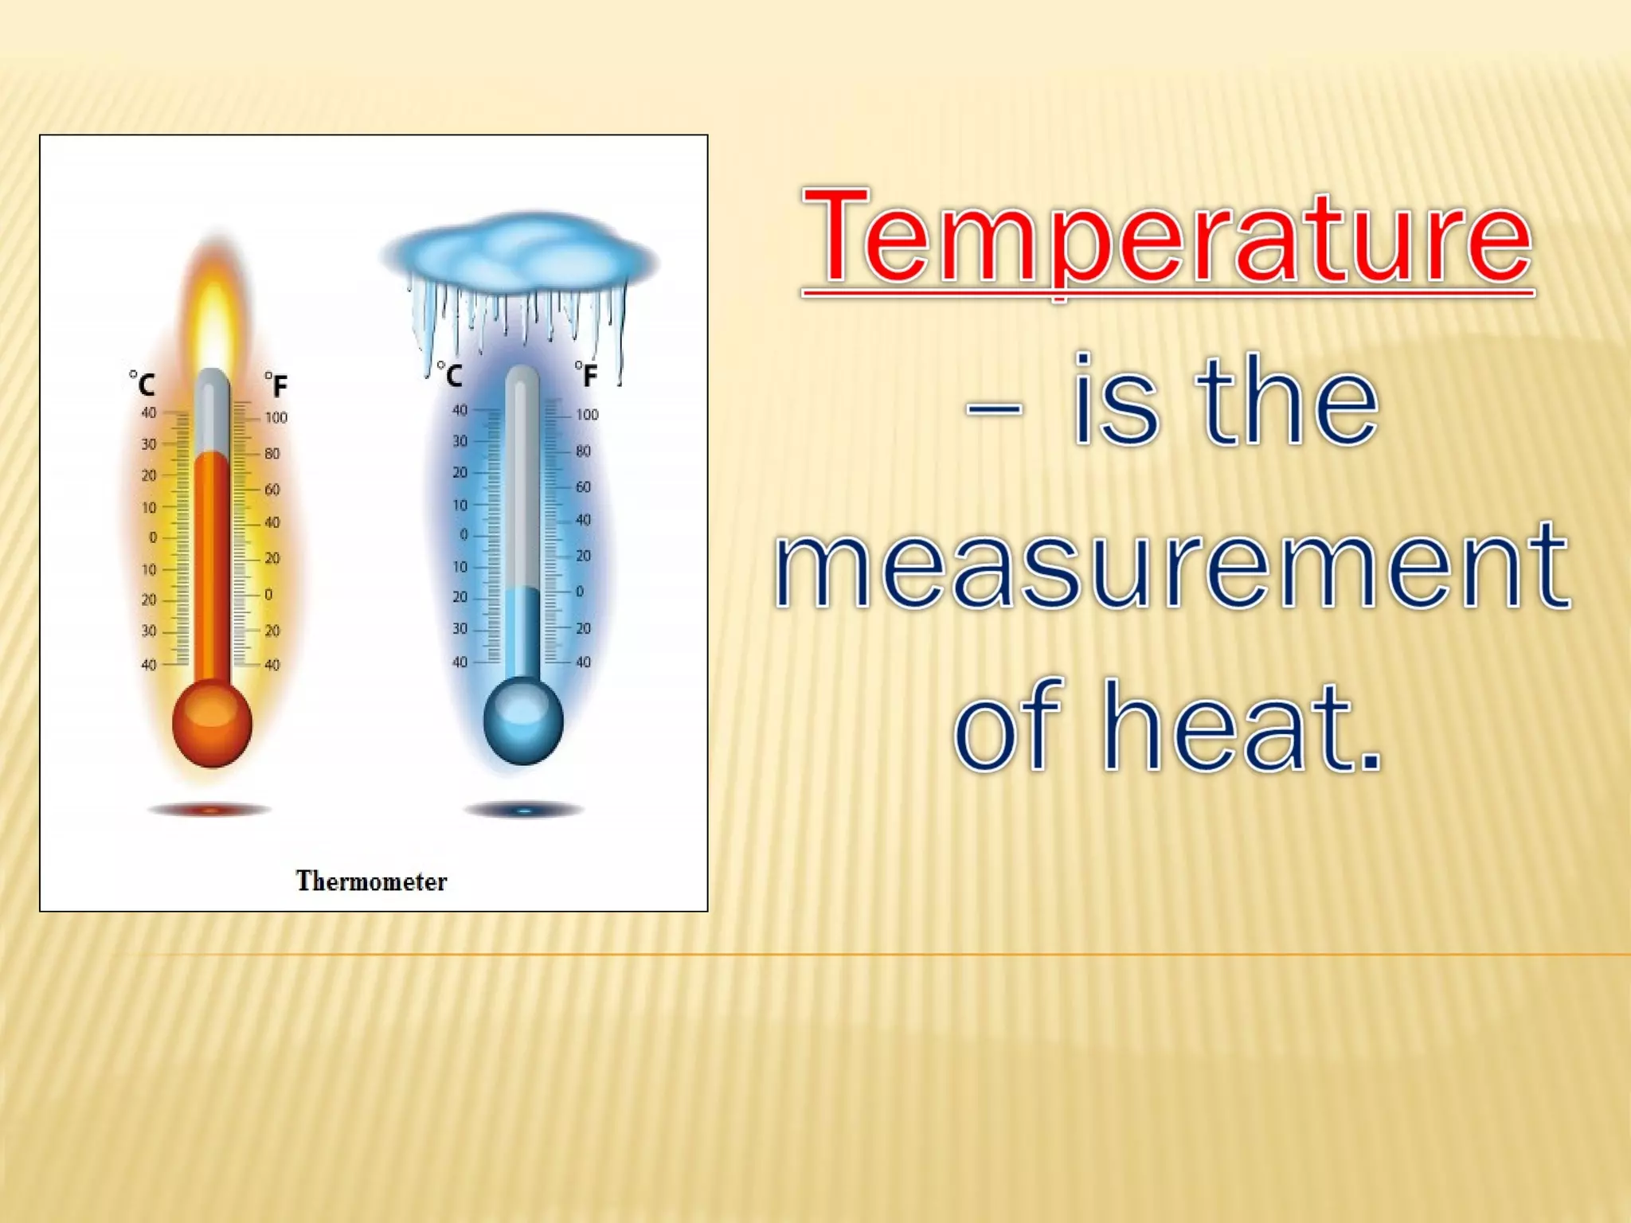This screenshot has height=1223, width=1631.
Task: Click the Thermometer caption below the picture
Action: tap(371, 881)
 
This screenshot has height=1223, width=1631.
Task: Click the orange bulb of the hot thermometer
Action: tap(212, 723)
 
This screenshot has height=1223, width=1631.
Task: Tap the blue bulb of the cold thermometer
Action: tap(523, 720)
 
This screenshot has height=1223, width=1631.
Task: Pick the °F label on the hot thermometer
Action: tap(276, 385)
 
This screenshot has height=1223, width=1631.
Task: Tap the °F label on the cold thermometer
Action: tap(586, 373)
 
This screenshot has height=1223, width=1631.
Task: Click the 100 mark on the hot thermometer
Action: tap(276, 418)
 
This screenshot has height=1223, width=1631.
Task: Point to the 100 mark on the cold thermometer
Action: tap(587, 415)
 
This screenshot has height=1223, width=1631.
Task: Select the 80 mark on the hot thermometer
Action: tap(272, 454)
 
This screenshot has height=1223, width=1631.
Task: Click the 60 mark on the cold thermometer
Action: tap(584, 486)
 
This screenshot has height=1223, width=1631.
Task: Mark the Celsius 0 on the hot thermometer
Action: tap(153, 538)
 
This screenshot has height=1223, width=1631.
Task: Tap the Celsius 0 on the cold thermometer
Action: tap(463, 535)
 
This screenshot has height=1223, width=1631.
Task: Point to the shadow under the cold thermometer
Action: tap(524, 811)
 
